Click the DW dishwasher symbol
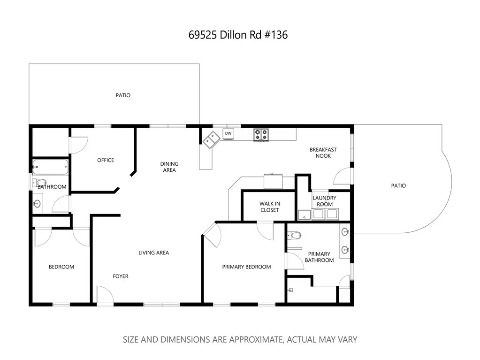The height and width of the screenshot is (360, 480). coord(228,134)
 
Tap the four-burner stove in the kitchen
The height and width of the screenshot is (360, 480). coord(261,135)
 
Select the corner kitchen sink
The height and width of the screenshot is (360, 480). coord(211,139)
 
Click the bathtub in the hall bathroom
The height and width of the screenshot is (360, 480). coord(51,167)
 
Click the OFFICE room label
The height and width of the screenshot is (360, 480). coord(106,160)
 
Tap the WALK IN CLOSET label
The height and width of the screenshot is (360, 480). coord(269,207)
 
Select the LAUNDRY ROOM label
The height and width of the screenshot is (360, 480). coord(324,201)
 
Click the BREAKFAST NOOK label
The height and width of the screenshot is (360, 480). coord(323,153)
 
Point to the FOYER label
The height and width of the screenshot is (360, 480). coord(121,276)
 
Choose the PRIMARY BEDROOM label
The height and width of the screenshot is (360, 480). coord(246,267)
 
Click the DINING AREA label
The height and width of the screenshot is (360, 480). coord(169,167)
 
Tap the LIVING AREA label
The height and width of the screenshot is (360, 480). coord(153,253)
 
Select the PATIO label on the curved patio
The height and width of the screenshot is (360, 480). coord(398,185)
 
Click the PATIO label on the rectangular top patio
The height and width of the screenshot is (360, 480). coord(123,95)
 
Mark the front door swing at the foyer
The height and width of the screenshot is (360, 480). coord(104,295)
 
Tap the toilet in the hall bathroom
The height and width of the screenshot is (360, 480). coord(41,183)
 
